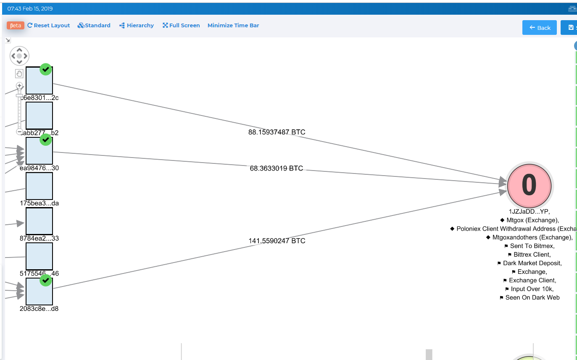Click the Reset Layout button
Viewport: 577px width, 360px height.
[48, 26]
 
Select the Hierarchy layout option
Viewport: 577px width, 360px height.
[137, 26]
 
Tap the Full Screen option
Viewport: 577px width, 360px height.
[181, 26]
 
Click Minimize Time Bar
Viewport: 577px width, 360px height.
[233, 26]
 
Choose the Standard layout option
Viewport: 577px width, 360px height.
[94, 26]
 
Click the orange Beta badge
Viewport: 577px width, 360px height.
[16, 26]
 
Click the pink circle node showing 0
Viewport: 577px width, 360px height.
[529, 185]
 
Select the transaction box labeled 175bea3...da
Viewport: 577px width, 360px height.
[39, 186]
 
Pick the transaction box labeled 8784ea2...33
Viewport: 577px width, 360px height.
[39, 221]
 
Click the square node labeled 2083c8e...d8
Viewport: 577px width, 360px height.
[39, 292]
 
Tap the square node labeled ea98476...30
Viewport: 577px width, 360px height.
[39, 150]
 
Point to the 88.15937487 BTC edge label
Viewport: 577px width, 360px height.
[277, 132]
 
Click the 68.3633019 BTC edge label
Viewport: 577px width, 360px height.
[276, 168]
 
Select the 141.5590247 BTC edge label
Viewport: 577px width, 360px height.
[277, 241]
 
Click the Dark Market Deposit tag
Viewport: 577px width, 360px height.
[532, 263]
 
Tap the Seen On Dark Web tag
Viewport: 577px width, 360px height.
[532, 297]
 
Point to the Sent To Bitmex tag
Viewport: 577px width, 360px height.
[532, 246]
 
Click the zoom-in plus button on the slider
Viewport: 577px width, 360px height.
[19, 86]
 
